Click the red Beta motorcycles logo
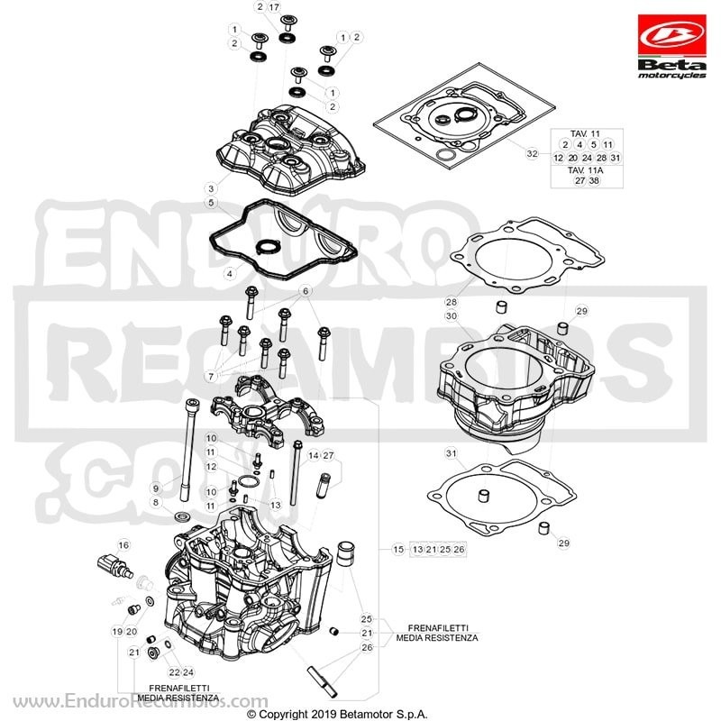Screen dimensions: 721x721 tap(671, 47)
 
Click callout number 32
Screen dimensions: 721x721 tap(532, 153)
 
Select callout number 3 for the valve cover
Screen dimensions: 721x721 tap(211, 188)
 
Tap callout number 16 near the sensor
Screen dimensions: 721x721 tap(123, 545)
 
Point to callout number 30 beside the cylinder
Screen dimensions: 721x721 tap(452, 316)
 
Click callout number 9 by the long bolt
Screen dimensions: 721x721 tap(156, 488)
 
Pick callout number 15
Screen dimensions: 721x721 tap(398, 549)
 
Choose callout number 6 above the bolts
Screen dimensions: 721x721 tap(306, 291)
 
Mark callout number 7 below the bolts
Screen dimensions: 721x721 tap(211, 377)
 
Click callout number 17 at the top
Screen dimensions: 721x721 tap(274, 7)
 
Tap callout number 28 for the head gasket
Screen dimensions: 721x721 tap(452, 302)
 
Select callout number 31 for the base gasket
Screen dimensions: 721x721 tap(452, 453)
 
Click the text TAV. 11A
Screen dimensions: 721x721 tap(585, 170)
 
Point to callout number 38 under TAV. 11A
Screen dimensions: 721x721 tap(594, 181)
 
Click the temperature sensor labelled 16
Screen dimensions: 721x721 tap(115, 566)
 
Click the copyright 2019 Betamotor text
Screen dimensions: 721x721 tap(337, 714)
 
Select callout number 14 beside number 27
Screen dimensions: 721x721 tap(314, 456)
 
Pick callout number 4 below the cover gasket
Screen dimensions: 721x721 tap(230, 274)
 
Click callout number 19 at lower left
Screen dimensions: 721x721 tap(117, 632)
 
